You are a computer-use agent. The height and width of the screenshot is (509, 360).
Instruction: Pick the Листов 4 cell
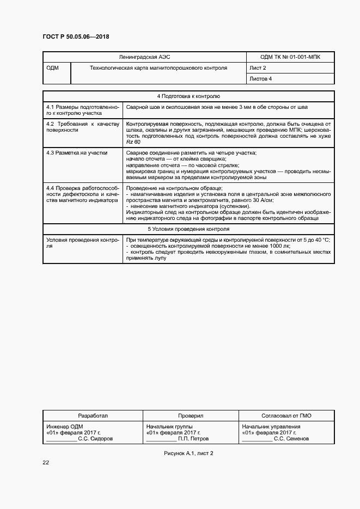(x=260, y=79)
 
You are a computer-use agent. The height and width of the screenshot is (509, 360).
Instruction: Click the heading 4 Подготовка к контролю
(x=188, y=96)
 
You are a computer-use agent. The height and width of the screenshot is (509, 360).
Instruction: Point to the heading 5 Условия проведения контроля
(x=188, y=229)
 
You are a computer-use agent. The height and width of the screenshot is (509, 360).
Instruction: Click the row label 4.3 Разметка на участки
(x=77, y=153)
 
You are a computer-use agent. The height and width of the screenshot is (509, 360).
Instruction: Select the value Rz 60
(x=133, y=142)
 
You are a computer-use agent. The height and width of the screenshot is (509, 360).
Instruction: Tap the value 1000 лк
(x=279, y=246)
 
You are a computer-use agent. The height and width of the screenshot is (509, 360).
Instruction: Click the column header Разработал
(x=93, y=415)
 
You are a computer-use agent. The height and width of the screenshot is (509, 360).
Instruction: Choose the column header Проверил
(x=190, y=415)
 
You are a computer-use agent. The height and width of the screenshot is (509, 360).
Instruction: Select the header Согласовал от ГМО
(x=286, y=415)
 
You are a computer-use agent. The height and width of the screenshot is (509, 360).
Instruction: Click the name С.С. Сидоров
(x=96, y=438)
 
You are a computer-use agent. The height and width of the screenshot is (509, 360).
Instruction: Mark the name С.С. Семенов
(x=291, y=438)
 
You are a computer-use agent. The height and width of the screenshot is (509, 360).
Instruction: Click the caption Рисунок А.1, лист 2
(x=188, y=453)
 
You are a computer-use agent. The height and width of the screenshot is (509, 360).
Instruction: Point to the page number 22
(x=46, y=462)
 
